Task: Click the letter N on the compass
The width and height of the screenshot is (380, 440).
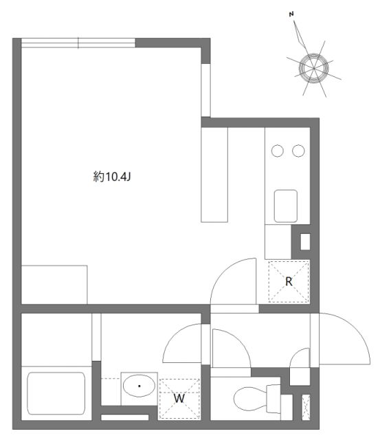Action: (291, 13)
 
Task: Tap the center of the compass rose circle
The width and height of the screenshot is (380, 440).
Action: (315, 67)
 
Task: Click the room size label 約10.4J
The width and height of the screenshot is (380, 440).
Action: (112, 177)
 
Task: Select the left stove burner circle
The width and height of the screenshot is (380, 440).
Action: (278, 150)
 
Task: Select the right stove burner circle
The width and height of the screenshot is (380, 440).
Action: (298, 150)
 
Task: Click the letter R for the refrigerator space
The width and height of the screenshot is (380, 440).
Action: (289, 280)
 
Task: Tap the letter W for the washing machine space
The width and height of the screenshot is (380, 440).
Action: (179, 398)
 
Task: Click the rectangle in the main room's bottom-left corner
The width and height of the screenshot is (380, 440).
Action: (54, 284)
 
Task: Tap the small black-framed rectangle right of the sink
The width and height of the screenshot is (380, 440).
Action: (305, 241)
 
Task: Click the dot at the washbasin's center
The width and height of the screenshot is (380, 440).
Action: (139, 386)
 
